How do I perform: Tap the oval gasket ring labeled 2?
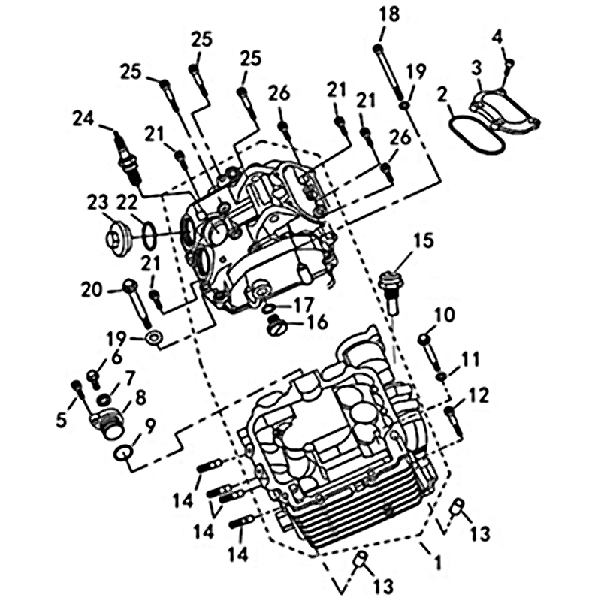(x=476, y=135)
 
